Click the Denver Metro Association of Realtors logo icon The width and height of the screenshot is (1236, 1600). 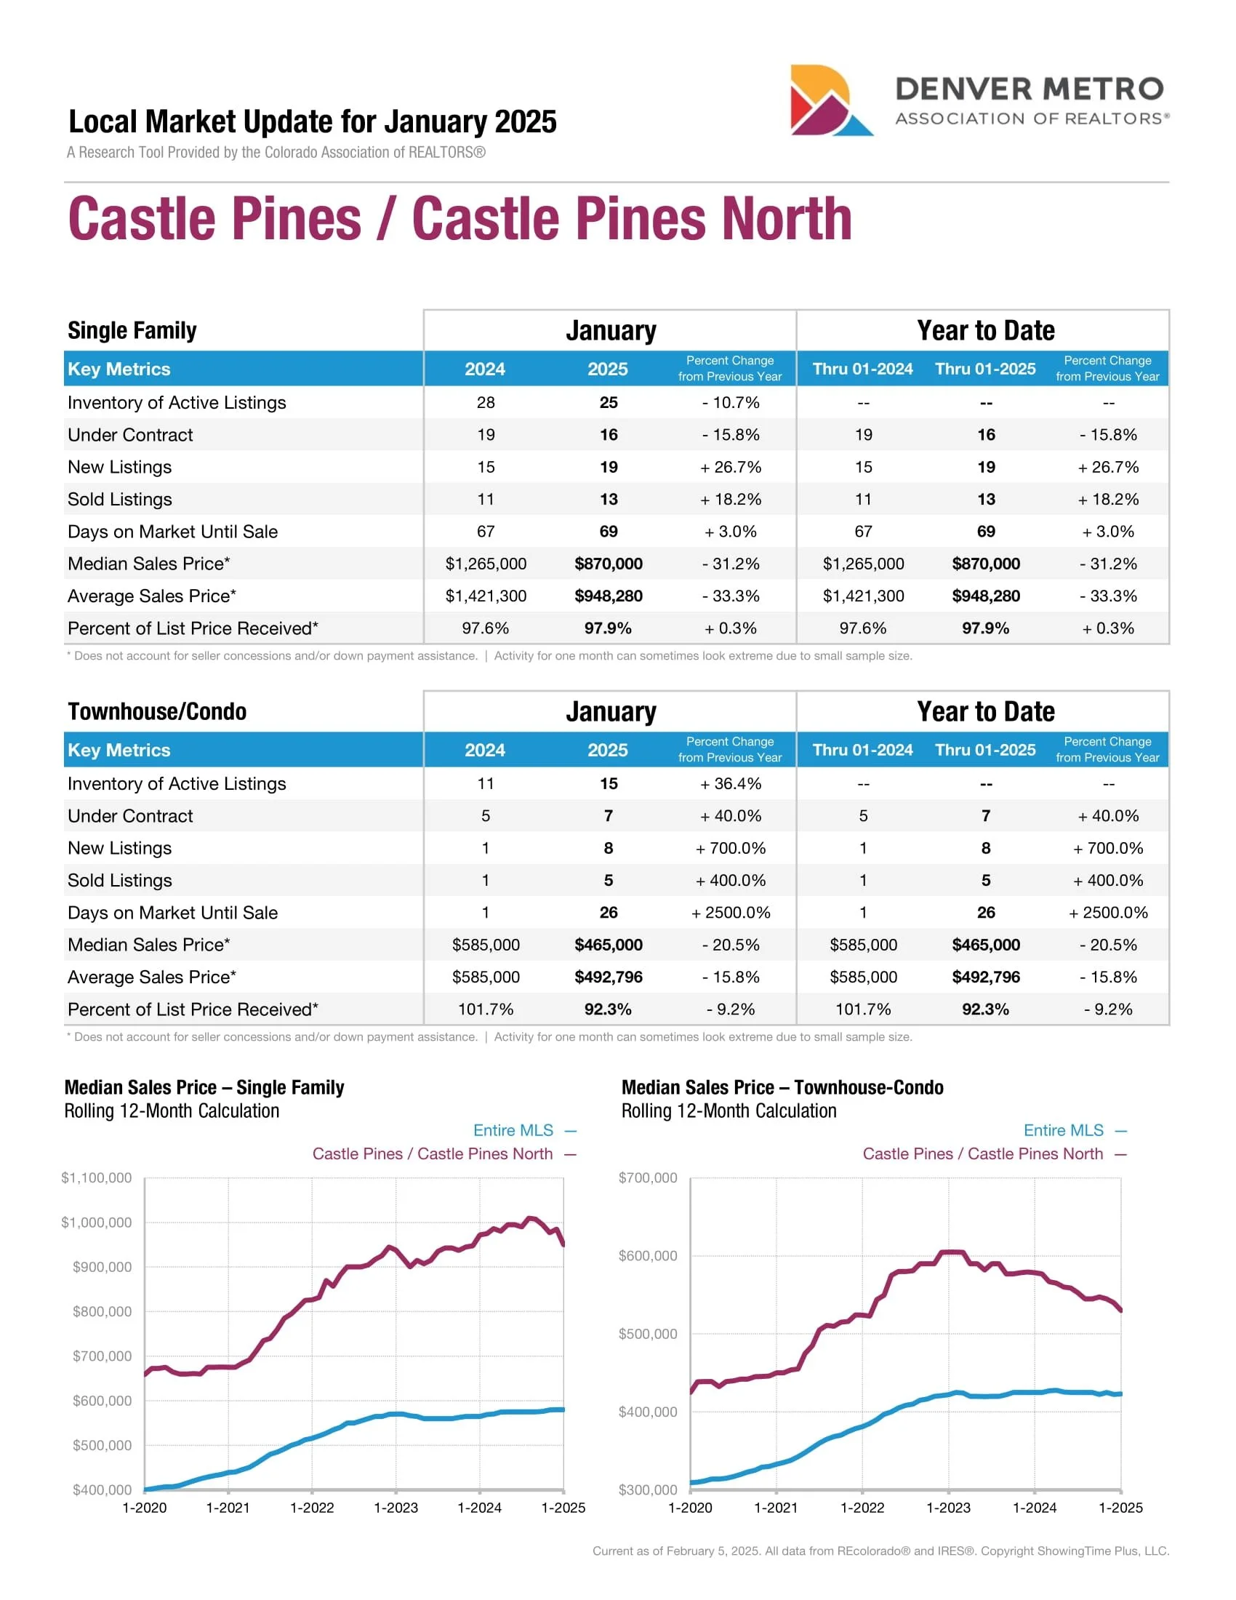pyautogui.click(x=830, y=100)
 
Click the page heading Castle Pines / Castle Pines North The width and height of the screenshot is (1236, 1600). pyautogui.click(x=460, y=218)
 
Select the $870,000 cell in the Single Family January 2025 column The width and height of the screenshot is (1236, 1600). pyautogui.click(x=608, y=564)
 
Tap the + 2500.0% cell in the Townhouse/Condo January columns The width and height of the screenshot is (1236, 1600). pyautogui.click(x=730, y=912)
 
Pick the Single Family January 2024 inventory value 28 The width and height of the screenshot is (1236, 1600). pyautogui.click(x=486, y=402)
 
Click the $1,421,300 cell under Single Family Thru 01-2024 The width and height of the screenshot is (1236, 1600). pyautogui.click(x=863, y=596)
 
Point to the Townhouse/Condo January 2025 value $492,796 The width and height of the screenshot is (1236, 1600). pyautogui.click(x=608, y=977)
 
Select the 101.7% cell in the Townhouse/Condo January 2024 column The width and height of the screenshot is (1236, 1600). pyautogui.click(x=486, y=1009)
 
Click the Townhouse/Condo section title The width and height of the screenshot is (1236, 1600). pyautogui.click(x=157, y=711)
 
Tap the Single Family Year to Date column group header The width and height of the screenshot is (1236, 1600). pyautogui.click(x=985, y=330)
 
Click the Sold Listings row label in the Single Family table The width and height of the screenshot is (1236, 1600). pyautogui.click(x=119, y=499)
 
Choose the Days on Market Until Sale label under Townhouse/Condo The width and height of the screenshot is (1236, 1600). pyautogui.click(x=172, y=912)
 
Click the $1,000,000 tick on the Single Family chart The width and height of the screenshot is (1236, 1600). pyautogui.click(x=97, y=1222)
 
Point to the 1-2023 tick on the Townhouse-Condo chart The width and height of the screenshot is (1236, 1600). pyautogui.click(x=948, y=1507)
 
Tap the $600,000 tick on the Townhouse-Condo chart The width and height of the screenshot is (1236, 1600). pyautogui.click(x=648, y=1256)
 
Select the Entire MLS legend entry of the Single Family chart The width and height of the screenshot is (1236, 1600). pyautogui.click(x=513, y=1130)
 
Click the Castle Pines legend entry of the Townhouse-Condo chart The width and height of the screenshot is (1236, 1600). pyautogui.click(x=983, y=1154)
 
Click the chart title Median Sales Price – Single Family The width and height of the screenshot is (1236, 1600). pyautogui.click(x=204, y=1087)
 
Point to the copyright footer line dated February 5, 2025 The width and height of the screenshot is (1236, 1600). pyautogui.click(x=880, y=1551)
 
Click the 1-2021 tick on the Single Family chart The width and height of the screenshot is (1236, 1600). pyautogui.click(x=228, y=1507)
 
